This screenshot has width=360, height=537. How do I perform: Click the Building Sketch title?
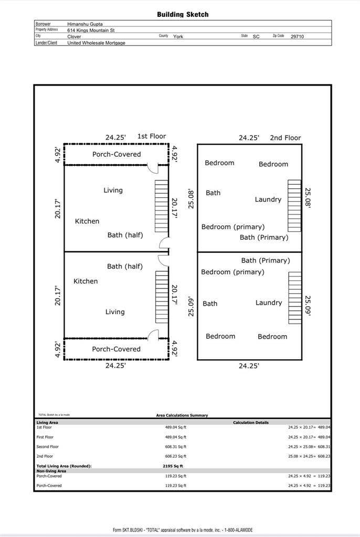tap(183, 15)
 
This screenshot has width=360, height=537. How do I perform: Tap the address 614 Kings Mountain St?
tap(91, 30)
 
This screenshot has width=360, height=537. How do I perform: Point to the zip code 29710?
tap(297, 37)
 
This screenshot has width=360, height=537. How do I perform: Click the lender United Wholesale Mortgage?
tap(96, 43)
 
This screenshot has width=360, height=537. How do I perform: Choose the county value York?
tap(178, 37)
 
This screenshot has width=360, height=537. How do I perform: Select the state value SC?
tap(256, 37)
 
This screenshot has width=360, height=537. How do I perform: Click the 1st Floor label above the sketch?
tap(151, 136)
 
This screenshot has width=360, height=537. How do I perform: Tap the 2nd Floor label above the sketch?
tap(285, 138)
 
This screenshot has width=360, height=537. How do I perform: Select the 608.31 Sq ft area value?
tap(175, 447)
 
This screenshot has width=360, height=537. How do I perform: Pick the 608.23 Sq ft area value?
tap(175, 456)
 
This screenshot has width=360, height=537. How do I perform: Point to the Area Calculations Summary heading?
tap(182, 415)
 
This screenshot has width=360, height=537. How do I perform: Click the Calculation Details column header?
tap(251, 422)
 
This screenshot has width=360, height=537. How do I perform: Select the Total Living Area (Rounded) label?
tap(63, 466)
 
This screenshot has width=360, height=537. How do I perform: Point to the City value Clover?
tap(75, 37)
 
